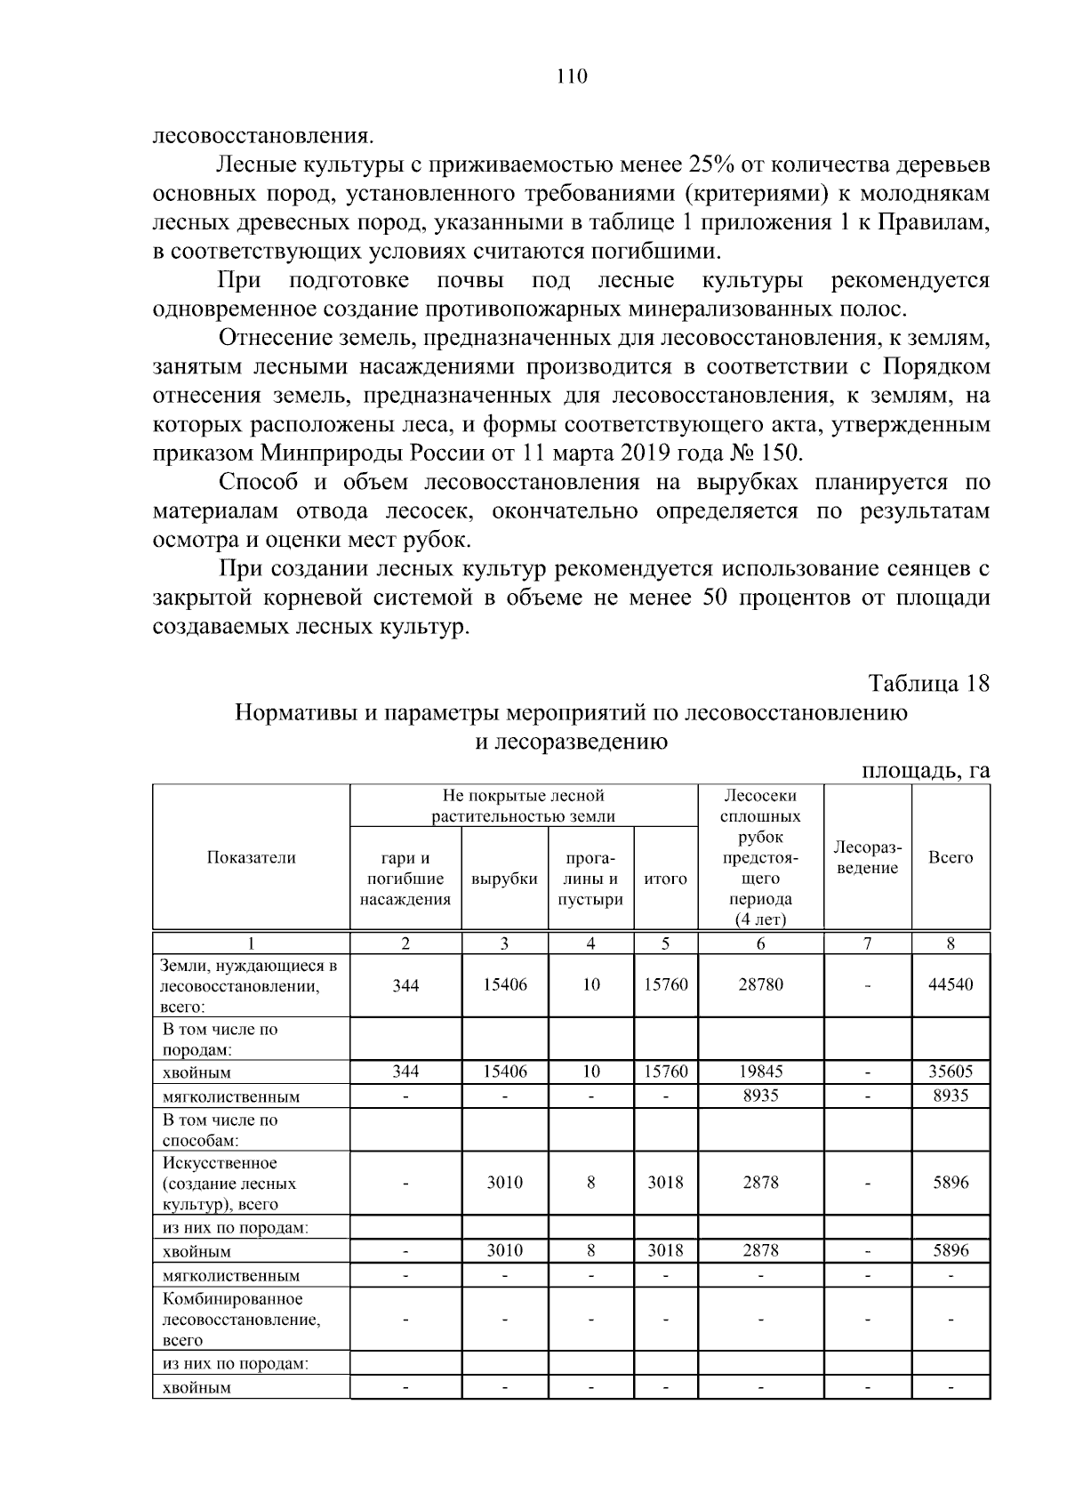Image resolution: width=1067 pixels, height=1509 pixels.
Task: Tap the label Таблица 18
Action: click(929, 684)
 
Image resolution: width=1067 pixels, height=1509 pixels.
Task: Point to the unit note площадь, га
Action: click(926, 770)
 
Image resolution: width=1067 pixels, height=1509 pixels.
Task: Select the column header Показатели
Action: click(251, 857)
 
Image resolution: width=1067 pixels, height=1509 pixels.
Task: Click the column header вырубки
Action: click(504, 879)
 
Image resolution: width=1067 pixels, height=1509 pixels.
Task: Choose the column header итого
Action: click(665, 879)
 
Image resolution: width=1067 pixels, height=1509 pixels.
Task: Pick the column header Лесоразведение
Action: click(868, 857)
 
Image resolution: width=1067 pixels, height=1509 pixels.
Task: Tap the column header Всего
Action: click(951, 857)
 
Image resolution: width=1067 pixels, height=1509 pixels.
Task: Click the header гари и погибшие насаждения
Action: click(405, 879)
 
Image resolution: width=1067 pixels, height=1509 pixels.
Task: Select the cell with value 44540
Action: click(951, 984)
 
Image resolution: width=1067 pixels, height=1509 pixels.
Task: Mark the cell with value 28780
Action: click(761, 984)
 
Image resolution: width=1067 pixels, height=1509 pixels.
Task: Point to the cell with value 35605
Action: click(951, 1072)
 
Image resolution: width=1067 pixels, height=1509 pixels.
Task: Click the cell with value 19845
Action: click(761, 1072)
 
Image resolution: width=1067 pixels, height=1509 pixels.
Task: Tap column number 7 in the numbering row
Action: click(868, 944)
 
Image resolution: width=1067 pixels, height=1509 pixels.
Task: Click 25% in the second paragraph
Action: click(710, 165)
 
